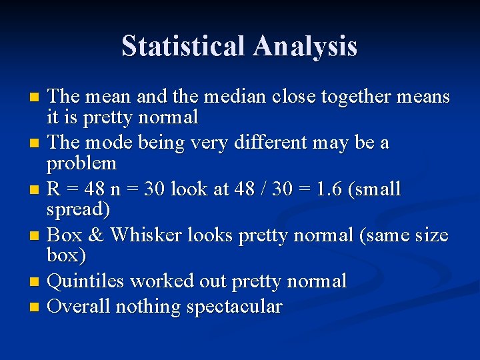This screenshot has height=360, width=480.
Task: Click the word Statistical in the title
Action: [x=184, y=47]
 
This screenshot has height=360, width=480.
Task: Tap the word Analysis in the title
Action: [x=305, y=47]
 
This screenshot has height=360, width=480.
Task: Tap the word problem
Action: [x=81, y=163]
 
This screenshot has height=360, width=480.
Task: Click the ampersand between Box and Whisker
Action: [x=96, y=235]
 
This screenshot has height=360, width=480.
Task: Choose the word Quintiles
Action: [x=86, y=281]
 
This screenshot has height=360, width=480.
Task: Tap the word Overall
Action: [x=79, y=307]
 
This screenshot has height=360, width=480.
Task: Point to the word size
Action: [x=433, y=235]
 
